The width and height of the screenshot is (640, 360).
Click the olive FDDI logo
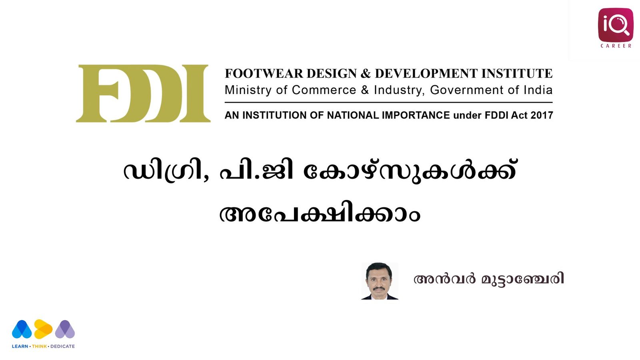(x=143, y=94)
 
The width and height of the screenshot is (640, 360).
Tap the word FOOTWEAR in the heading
(x=264, y=74)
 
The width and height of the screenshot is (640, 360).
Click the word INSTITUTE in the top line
(x=517, y=74)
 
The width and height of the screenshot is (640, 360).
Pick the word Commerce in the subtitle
(x=324, y=90)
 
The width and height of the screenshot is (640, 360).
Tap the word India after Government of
(x=538, y=90)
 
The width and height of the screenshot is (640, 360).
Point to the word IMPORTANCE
(x=416, y=115)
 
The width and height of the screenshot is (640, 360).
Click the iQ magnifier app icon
(x=616, y=25)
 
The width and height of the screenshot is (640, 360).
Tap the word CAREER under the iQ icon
(x=616, y=46)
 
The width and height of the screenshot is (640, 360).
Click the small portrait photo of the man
(x=380, y=281)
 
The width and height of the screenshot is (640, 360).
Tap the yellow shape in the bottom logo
(x=43, y=329)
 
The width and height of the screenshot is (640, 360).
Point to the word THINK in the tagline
(x=40, y=346)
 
